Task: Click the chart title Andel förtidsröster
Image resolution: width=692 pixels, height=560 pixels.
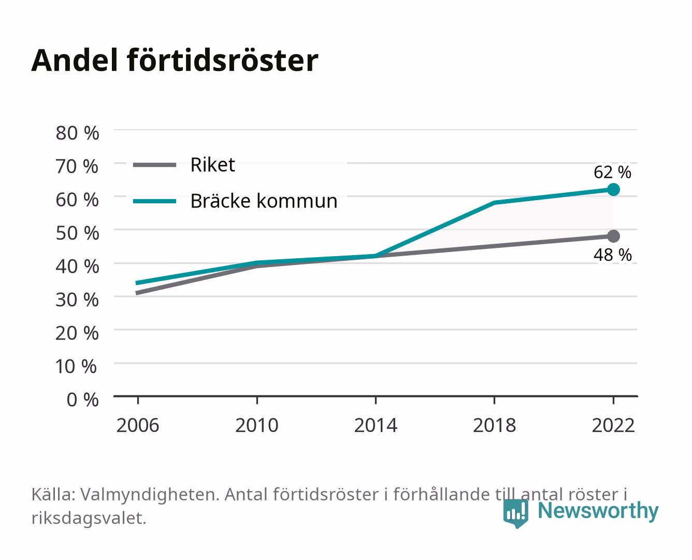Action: tap(175, 61)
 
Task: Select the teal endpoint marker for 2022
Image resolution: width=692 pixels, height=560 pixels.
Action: tap(613, 189)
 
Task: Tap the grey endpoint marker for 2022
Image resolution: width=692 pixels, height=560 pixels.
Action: tap(613, 236)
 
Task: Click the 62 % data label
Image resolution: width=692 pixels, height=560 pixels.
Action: tap(612, 172)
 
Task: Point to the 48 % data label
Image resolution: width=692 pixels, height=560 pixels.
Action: tap(612, 255)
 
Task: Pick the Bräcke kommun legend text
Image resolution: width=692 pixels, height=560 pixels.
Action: tap(264, 201)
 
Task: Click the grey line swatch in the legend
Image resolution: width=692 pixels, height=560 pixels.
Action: tap(155, 165)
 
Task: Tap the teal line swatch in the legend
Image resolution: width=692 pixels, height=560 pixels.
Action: tap(155, 201)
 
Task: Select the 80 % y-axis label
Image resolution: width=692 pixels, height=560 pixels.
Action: tap(77, 133)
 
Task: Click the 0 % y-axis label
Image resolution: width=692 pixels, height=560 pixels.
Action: tap(82, 400)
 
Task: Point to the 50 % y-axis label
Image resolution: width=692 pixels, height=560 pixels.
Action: tap(77, 233)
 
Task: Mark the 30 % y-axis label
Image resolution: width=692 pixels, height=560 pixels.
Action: tap(77, 300)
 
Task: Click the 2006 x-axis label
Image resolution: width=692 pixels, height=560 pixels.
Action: tap(138, 425)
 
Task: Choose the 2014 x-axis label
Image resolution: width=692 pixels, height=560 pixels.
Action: tap(376, 425)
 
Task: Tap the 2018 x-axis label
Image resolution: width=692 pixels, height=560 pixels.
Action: tap(495, 425)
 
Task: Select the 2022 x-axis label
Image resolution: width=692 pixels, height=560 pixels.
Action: tap(613, 425)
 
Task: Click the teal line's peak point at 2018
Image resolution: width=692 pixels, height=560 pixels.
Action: tap(495, 203)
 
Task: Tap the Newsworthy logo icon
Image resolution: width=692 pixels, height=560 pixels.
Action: tap(515, 513)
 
